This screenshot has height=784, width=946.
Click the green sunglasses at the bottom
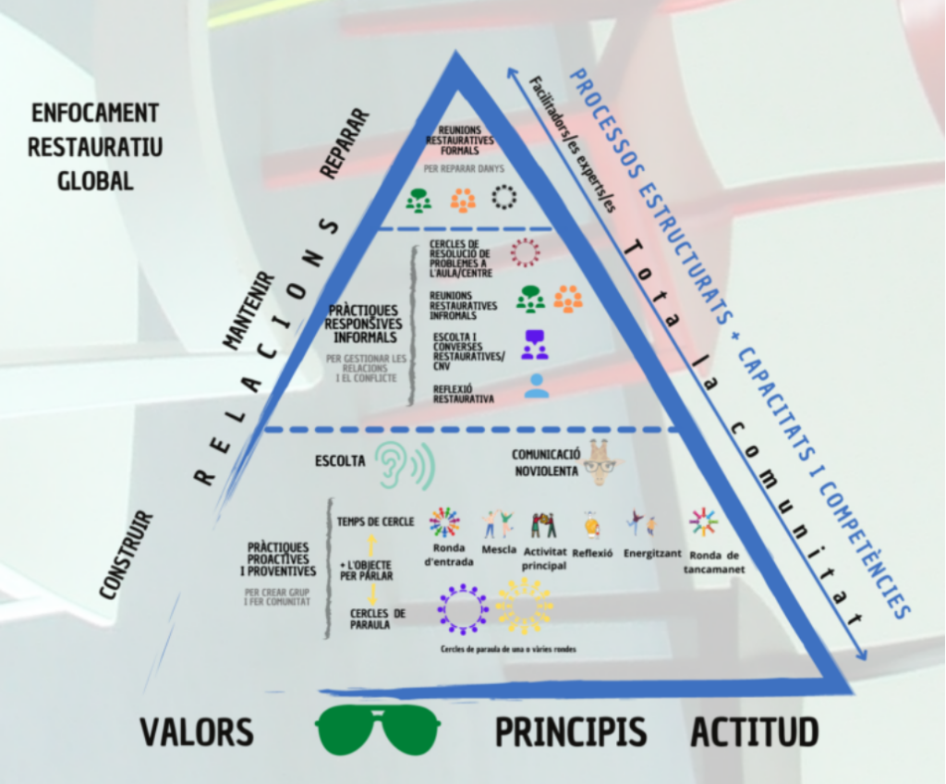(x=378, y=729)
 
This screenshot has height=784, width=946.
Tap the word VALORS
(x=197, y=732)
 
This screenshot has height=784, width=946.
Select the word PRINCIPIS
(x=570, y=732)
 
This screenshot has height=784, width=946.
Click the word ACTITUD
(x=754, y=732)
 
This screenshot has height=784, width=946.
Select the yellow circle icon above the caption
(x=524, y=607)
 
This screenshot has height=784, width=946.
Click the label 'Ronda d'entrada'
(x=450, y=556)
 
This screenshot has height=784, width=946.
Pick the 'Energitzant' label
(x=651, y=553)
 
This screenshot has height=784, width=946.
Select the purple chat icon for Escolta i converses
(x=534, y=344)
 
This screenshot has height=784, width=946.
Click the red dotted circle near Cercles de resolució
(x=524, y=252)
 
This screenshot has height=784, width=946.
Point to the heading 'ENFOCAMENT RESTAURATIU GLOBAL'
(x=95, y=146)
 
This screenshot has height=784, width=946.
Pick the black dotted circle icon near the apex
(x=503, y=198)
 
